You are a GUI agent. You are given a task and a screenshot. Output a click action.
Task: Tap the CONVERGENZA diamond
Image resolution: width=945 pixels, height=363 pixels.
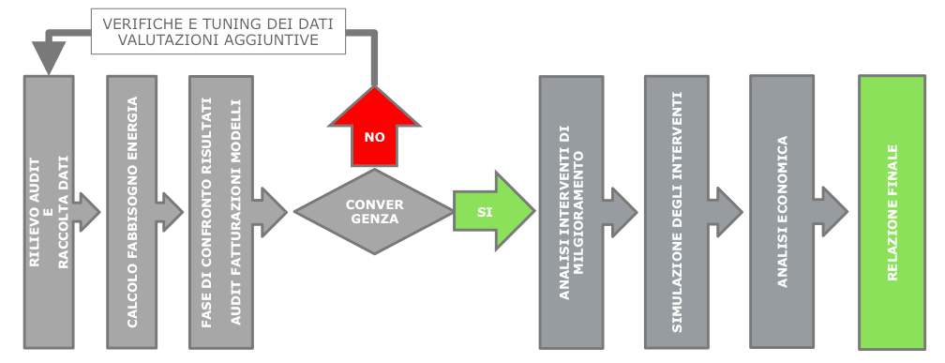374,211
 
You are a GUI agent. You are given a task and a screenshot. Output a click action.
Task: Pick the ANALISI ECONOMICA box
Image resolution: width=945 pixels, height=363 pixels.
781,211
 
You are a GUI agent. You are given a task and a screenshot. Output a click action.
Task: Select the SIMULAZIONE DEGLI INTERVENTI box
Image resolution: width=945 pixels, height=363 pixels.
675,211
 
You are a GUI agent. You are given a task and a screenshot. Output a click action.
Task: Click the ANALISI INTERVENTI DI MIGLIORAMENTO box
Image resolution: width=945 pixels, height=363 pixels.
570,211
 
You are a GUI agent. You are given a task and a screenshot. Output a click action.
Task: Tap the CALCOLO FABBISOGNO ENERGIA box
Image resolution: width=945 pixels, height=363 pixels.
131,211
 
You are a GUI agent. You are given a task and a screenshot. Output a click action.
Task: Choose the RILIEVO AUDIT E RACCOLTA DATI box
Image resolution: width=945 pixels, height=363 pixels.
48,211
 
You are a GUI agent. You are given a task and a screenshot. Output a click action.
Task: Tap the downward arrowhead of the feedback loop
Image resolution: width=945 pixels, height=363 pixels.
47,60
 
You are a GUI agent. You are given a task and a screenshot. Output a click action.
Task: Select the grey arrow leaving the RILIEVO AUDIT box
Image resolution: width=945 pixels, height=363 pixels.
87,211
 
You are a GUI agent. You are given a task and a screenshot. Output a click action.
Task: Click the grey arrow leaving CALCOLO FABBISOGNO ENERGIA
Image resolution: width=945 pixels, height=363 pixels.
171,211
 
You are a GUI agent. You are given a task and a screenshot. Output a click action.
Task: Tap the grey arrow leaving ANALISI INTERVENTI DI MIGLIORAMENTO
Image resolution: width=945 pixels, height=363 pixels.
622,211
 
